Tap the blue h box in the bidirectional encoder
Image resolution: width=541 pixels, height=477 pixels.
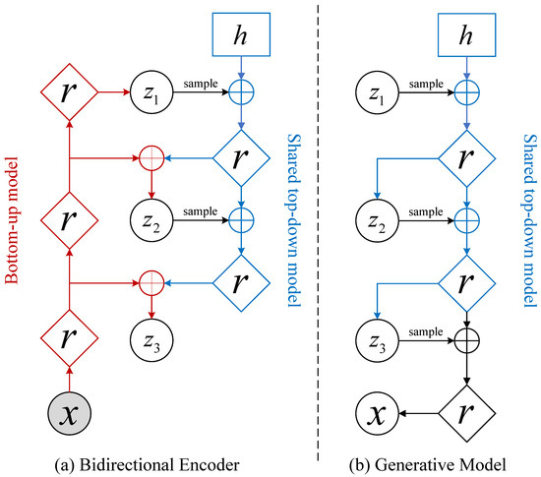[x=238, y=33]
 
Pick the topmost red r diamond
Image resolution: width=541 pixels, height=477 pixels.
[x=68, y=93]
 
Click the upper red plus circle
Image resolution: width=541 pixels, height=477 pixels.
[x=151, y=156]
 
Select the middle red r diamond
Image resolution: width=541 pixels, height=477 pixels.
[x=68, y=215]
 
